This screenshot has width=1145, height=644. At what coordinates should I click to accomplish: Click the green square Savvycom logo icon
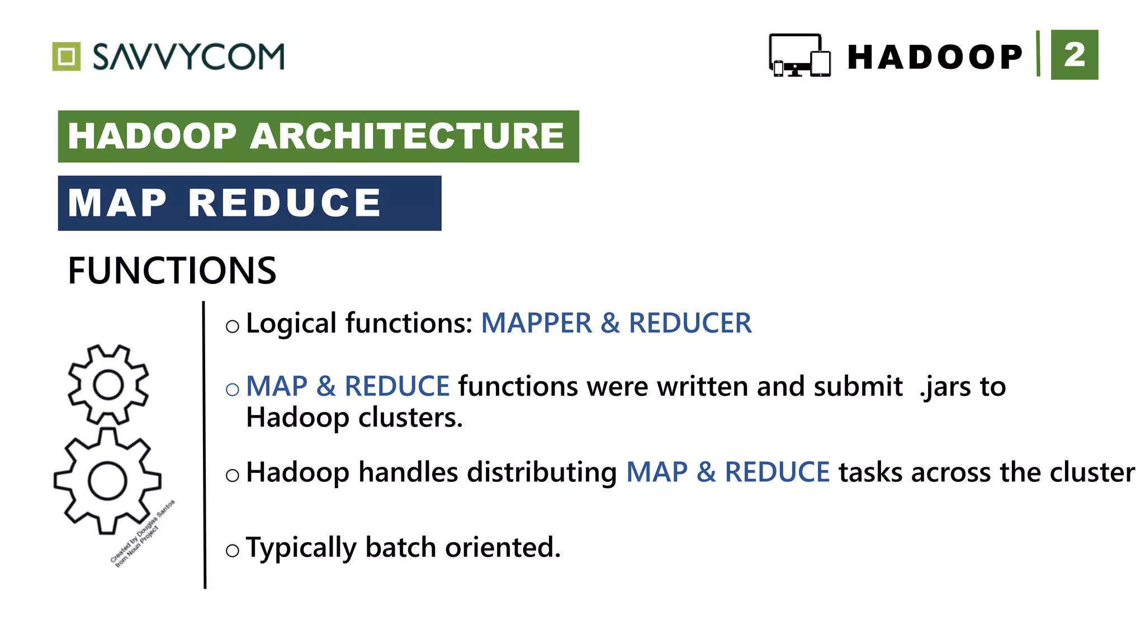coord(67,56)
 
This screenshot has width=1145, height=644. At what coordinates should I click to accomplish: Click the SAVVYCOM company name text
coord(188,56)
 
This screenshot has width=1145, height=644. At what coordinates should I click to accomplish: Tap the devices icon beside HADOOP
coord(799,55)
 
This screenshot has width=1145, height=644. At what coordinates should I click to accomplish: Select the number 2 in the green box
coord(1074,55)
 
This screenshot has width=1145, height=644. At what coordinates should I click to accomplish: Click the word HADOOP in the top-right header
coord(935,57)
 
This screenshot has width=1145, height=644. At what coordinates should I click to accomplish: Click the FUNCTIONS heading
coord(172,271)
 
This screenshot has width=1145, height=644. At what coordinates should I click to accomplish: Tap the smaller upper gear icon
coord(108,385)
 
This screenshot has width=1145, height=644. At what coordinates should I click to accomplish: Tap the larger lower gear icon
coord(107,481)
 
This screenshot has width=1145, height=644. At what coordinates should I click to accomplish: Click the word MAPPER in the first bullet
coord(536,323)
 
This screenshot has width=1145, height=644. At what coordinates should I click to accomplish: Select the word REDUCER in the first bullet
coord(690,323)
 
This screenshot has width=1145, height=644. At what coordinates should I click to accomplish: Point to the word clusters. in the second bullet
coord(410,418)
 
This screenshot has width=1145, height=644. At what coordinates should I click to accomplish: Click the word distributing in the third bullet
coord(542,472)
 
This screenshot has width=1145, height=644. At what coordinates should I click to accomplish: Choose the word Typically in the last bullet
coord(301,548)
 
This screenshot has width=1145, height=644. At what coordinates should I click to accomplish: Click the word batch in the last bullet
coord(400,547)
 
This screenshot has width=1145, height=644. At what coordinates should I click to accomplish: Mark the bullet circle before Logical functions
coord(233,326)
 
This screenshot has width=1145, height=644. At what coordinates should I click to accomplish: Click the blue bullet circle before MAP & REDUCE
coord(233,390)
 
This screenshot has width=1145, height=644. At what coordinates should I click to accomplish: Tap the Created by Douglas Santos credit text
coord(142,533)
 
